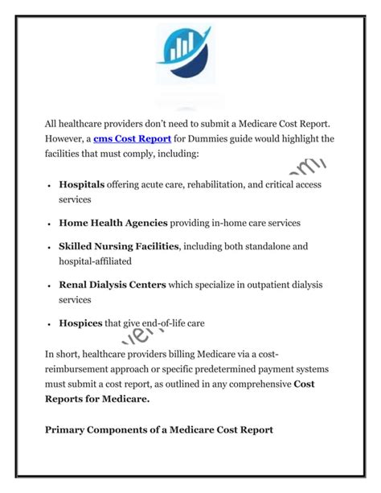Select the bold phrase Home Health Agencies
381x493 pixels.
tap(113, 222)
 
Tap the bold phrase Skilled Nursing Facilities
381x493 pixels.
tap(118, 246)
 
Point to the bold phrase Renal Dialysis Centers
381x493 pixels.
tap(113, 285)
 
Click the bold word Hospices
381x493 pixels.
tap(80, 323)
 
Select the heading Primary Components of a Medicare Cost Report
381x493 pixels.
tap(159, 429)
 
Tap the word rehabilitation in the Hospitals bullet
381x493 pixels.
tap(218, 185)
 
